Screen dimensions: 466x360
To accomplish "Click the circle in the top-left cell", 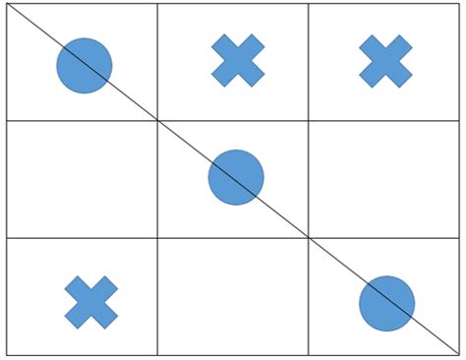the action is coord(84,66).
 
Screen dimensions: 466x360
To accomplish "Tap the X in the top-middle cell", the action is coord(238,60).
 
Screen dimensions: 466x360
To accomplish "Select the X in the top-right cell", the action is coord(385,60).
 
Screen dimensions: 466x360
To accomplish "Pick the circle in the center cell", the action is coord(236,177).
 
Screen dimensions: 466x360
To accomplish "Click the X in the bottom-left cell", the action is coord(91,302).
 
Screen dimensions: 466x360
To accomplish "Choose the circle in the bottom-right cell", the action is coord(386,304).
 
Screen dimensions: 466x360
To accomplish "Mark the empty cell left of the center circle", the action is coord(82,179).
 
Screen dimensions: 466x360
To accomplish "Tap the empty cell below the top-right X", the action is coord(384,179).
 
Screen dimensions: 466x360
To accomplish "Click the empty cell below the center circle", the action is coord(233,296).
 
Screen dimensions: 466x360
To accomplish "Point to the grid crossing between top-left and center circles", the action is coord(157,120).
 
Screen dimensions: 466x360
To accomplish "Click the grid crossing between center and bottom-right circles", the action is coord(309,238).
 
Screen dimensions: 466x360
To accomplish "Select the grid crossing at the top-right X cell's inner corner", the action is coord(309,120).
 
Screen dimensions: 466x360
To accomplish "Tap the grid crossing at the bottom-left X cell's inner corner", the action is coord(157,238).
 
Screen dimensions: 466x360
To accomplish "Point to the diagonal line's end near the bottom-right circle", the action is coord(460,354).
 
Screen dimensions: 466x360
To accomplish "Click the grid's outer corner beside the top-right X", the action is coord(460,4).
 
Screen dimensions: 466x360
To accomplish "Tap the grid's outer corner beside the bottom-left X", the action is coord(7,354).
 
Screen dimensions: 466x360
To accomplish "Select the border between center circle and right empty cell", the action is coord(309,179).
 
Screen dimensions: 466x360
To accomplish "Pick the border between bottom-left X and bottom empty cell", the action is coord(157,296).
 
